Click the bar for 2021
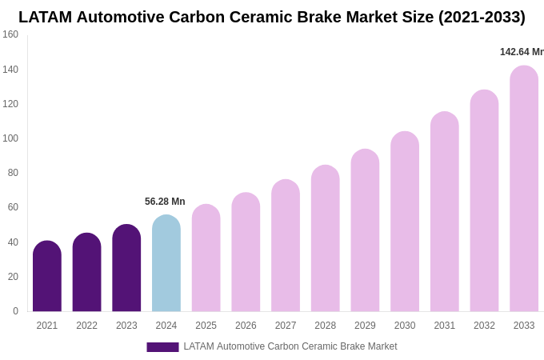tap(47, 276)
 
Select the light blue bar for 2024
tap(166, 263)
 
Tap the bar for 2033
tap(524, 189)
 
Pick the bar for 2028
tap(326, 238)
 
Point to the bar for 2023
tap(126, 268)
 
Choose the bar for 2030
tap(405, 222)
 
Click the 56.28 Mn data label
tap(165, 202)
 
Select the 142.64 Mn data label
tap(522, 52)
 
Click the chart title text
tap(272, 17)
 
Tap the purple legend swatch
tap(162, 347)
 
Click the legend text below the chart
tap(290, 346)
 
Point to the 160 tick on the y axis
tap(10, 34)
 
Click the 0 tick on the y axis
tap(15, 311)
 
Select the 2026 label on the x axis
tap(246, 326)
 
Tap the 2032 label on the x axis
tap(484, 326)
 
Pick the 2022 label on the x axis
tap(86, 326)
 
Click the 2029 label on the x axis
tap(365, 326)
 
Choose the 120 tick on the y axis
tap(10, 104)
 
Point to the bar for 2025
tap(206, 258)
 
